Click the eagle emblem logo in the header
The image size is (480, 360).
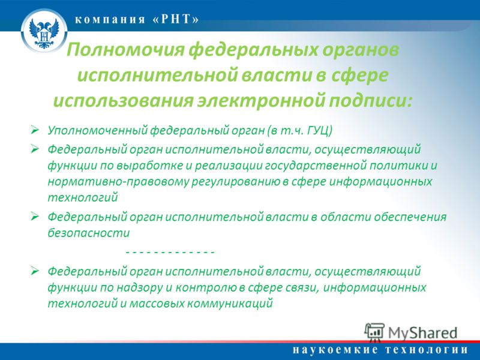pos(44,31)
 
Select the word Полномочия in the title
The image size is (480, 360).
pos(125,50)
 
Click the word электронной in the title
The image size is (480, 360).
pos(261,101)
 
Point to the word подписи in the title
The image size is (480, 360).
pos(371,101)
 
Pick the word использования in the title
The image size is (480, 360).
pos(123,101)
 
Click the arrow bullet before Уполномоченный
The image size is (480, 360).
pos(35,130)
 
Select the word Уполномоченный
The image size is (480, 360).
pos(97,131)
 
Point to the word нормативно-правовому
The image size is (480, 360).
pos(118,182)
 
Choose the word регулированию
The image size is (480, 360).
pos(236,182)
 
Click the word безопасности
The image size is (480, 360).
pos(89,233)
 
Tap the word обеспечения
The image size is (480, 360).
pos(410,217)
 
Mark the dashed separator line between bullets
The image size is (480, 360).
pos(170,253)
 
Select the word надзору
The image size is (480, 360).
pos(140,287)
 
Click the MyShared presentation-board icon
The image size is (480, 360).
pos(374,332)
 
